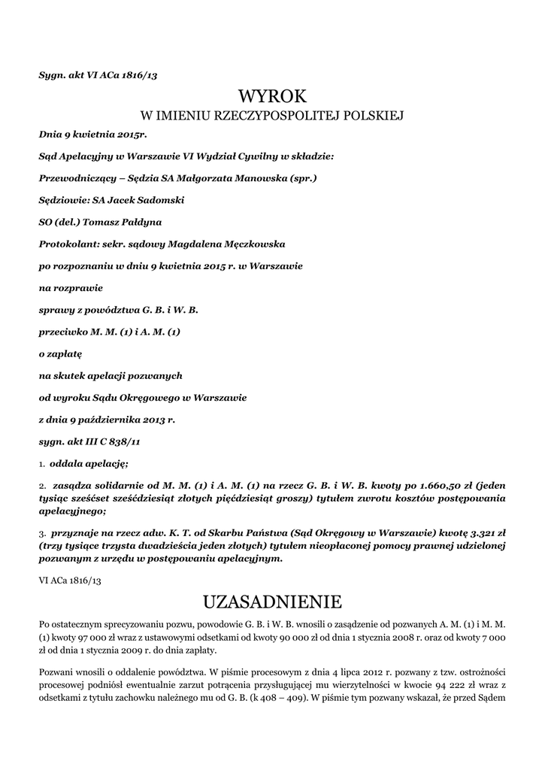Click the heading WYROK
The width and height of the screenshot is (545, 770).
273,95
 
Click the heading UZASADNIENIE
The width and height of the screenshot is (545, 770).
272,602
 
